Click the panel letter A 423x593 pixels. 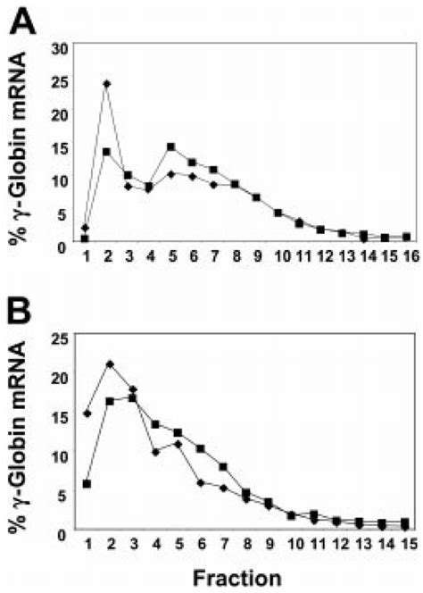(x=24, y=19)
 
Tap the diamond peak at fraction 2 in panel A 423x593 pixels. (x=106, y=84)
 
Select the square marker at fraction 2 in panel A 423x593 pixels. (x=106, y=152)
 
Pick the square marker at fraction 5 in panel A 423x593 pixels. (x=170, y=146)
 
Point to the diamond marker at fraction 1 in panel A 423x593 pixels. (x=85, y=228)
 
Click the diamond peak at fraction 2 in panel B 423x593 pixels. (x=110, y=363)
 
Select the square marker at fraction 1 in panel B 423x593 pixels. (x=87, y=483)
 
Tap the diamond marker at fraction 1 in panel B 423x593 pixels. (x=87, y=413)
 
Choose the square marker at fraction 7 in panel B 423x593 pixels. (x=223, y=466)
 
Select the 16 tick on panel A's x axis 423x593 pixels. (x=405, y=256)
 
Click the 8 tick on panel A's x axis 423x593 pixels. (x=234, y=256)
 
